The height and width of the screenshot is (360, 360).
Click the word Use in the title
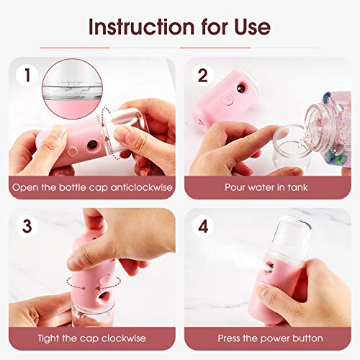(248, 27)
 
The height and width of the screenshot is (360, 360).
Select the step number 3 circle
(26, 225)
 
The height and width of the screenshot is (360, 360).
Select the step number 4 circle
(202, 225)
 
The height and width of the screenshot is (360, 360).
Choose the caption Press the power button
(268, 338)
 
